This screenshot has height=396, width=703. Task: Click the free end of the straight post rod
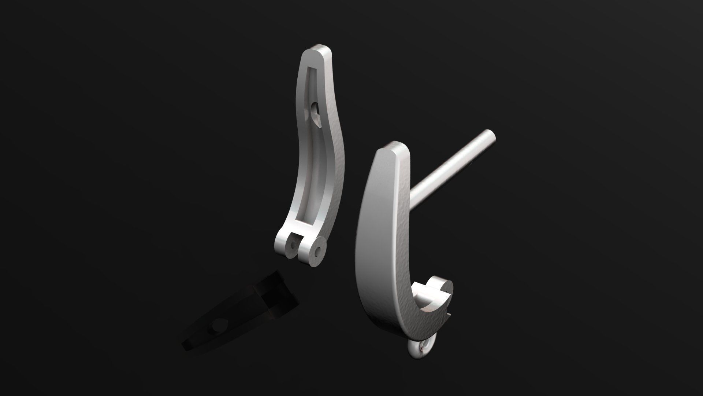[489, 136]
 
